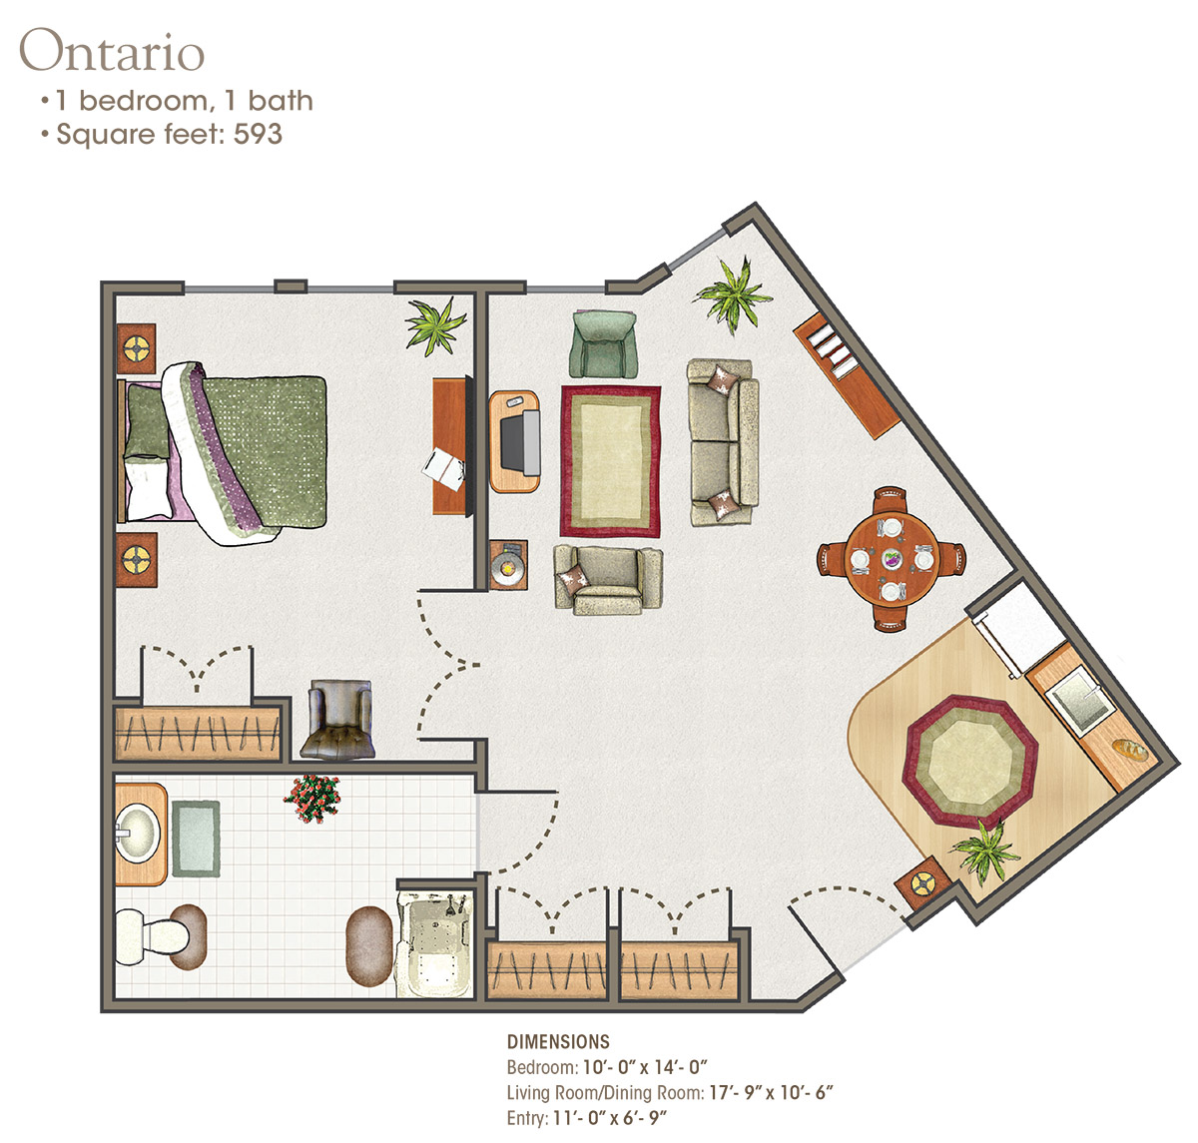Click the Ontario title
click(x=112, y=51)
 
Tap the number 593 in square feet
click(x=258, y=134)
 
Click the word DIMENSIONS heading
click(x=558, y=1042)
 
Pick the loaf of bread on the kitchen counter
click(x=1130, y=750)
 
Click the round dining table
click(x=891, y=559)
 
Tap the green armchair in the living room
click(x=603, y=343)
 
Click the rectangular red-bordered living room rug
click(x=611, y=461)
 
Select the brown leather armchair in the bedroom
click(x=337, y=720)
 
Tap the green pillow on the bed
click(x=148, y=421)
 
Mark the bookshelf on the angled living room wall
click(x=847, y=376)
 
